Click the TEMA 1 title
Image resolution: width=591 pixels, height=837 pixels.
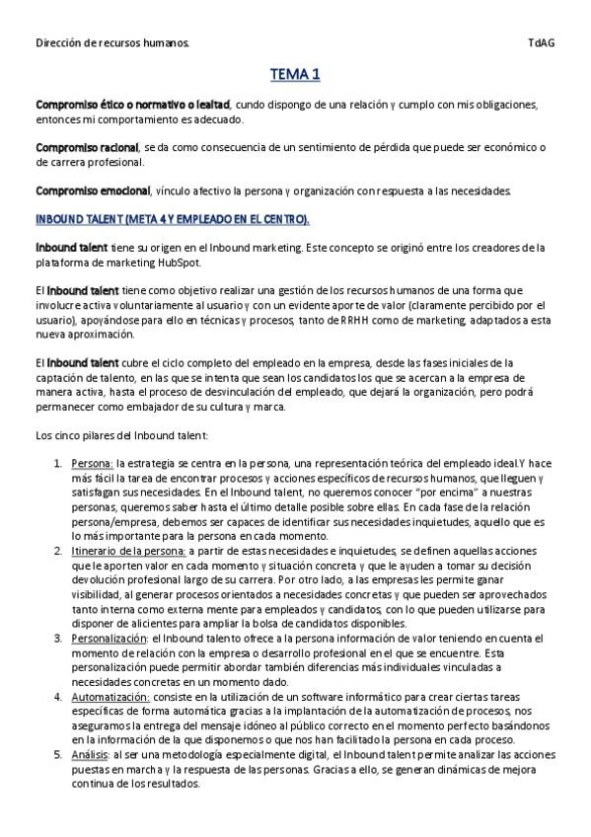pyautogui.click(x=295, y=74)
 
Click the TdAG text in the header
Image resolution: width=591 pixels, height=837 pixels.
pyautogui.click(x=541, y=43)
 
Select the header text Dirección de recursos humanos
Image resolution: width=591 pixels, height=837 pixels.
pyautogui.click(x=113, y=43)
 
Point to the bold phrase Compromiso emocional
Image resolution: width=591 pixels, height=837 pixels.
pyautogui.click(x=93, y=190)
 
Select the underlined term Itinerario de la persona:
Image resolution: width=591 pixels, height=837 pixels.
pyautogui.click(x=128, y=550)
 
